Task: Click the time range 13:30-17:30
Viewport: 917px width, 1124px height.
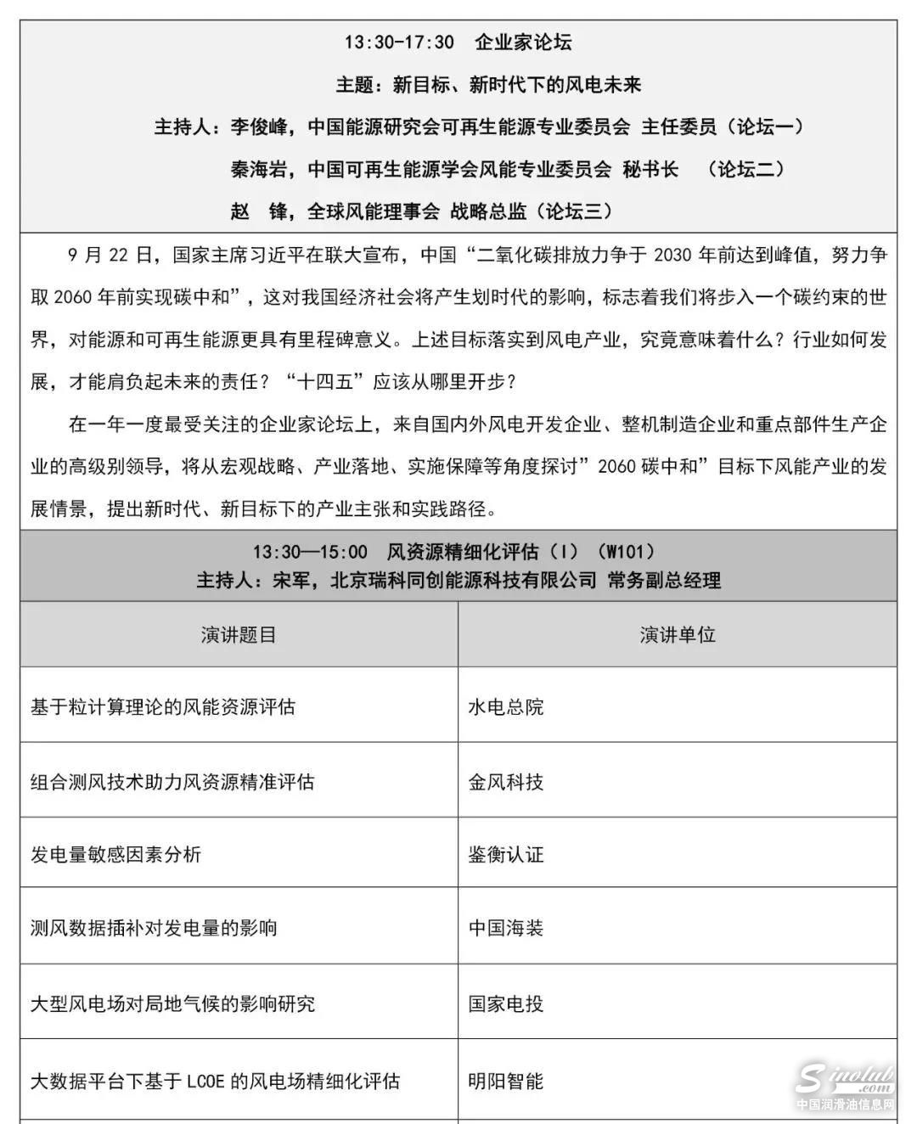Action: (398, 42)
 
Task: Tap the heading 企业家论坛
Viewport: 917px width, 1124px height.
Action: (523, 42)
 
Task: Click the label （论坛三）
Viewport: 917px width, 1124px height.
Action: (575, 211)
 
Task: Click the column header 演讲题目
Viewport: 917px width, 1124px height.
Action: (239, 635)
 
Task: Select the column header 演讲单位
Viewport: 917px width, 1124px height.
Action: (677, 635)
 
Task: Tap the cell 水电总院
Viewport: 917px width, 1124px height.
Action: (506, 706)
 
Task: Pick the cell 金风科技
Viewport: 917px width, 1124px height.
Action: (506, 781)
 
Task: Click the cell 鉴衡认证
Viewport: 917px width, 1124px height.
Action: (506, 854)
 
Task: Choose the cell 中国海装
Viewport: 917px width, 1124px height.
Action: (506, 928)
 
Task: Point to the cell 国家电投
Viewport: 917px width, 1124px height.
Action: (506, 1003)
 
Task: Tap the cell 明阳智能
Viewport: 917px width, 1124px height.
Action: (506, 1081)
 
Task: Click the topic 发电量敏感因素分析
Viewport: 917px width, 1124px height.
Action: (115, 854)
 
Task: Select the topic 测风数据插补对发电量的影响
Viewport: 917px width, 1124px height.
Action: (154, 928)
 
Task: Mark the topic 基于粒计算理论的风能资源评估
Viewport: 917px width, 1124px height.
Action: (163, 706)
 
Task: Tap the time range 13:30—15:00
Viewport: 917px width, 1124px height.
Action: (310, 552)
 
